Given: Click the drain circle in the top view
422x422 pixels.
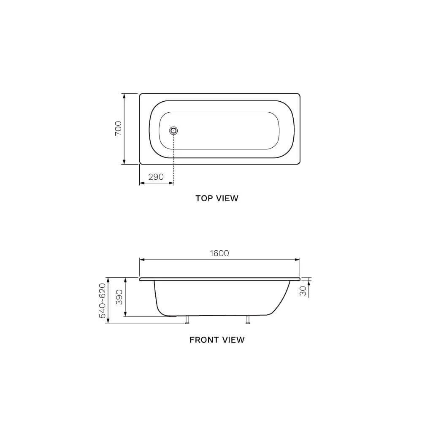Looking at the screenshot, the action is tap(173, 131).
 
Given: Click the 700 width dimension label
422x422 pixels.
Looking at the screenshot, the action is tap(119, 129).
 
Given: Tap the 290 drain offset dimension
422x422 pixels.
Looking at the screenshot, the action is tap(156, 177).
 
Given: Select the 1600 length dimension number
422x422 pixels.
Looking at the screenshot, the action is tap(219, 253).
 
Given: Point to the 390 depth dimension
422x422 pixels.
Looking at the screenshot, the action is tap(119, 297).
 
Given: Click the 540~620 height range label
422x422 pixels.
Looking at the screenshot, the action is tap(103, 300).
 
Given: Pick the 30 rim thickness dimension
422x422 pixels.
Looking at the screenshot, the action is tap(303, 291).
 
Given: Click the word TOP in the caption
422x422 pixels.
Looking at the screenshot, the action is tap(205, 198).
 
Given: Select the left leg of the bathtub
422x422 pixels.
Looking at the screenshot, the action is tap(187, 319).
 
